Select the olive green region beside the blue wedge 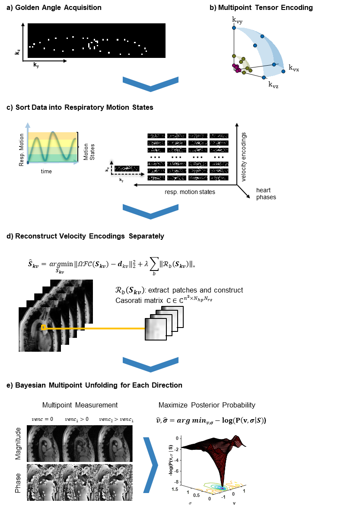pos(243,64)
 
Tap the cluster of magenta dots pos(236,68)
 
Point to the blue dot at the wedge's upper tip pos(234,28)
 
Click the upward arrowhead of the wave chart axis pos(28,125)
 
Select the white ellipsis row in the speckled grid pos(189,157)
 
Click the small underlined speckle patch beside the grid pos(127,168)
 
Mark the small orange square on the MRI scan pos(43,328)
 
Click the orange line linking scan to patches pos(95,328)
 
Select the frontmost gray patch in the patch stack pos(156,329)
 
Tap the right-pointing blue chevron pos(150,465)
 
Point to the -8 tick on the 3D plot pos(177,480)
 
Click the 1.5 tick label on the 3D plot pos(175,489)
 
